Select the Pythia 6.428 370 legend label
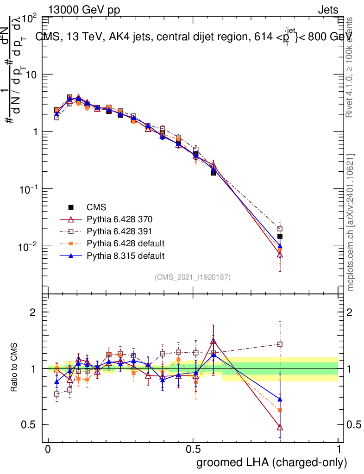click(x=119, y=219)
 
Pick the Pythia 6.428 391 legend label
click(x=119, y=231)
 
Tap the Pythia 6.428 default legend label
click(x=126, y=243)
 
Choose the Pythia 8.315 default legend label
click(x=126, y=256)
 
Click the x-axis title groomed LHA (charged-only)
click(x=272, y=462)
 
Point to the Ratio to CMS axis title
click(x=15, y=368)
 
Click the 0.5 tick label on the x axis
click(x=193, y=450)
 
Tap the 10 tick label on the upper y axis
click(x=31, y=75)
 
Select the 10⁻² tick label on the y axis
click(x=28, y=246)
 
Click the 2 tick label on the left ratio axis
click(x=33, y=312)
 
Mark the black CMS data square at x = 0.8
click(x=280, y=237)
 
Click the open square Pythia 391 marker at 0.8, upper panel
click(x=280, y=229)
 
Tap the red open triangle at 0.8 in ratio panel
click(x=280, y=427)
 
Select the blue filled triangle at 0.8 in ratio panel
click(x=280, y=399)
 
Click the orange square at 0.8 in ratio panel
click(x=280, y=410)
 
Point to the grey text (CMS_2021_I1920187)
click(x=193, y=277)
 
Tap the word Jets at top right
click(x=328, y=10)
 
